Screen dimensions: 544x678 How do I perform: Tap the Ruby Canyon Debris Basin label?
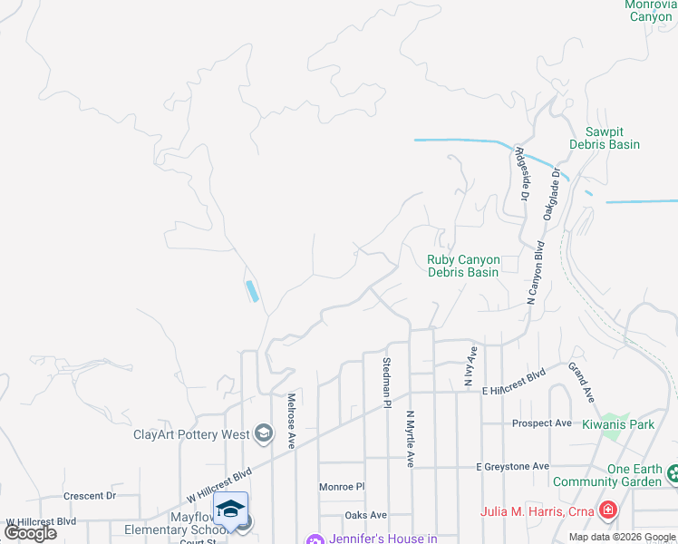click(x=462, y=266)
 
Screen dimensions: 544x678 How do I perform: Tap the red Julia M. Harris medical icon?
click(x=606, y=510)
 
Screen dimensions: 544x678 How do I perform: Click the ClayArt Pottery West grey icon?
click(x=263, y=433)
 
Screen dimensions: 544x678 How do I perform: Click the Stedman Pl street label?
click(x=387, y=384)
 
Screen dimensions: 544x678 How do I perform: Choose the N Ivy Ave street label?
click(x=470, y=366)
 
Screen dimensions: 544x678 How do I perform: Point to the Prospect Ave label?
click(x=541, y=423)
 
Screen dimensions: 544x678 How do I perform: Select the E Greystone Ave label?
click(x=513, y=466)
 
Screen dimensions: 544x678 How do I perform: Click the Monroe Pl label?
click(x=342, y=487)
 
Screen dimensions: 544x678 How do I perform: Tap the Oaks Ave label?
click(x=365, y=515)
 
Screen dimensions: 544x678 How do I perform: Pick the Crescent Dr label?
click(x=90, y=496)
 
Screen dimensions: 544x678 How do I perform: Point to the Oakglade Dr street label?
click(x=554, y=195)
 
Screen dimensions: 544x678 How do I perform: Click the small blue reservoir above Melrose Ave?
click(x=251, y=291)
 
